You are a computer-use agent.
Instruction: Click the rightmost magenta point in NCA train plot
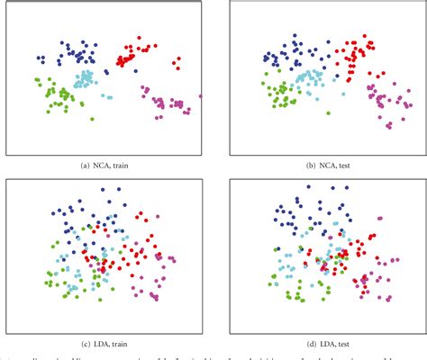(200, 95)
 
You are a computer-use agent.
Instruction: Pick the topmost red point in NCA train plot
(139, 38)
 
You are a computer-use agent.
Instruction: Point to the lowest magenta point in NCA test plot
(388, 127)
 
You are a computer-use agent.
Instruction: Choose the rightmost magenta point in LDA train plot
(172, 260)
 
